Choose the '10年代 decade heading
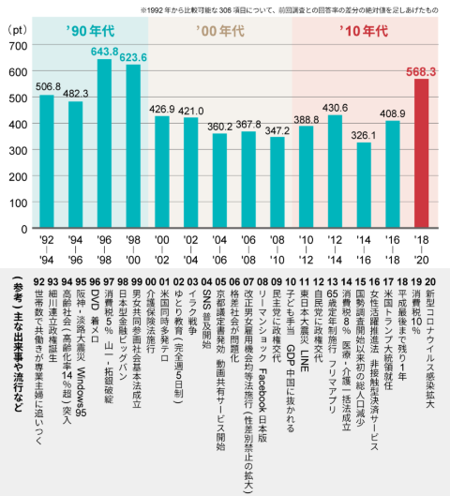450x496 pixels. coord(365,30)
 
